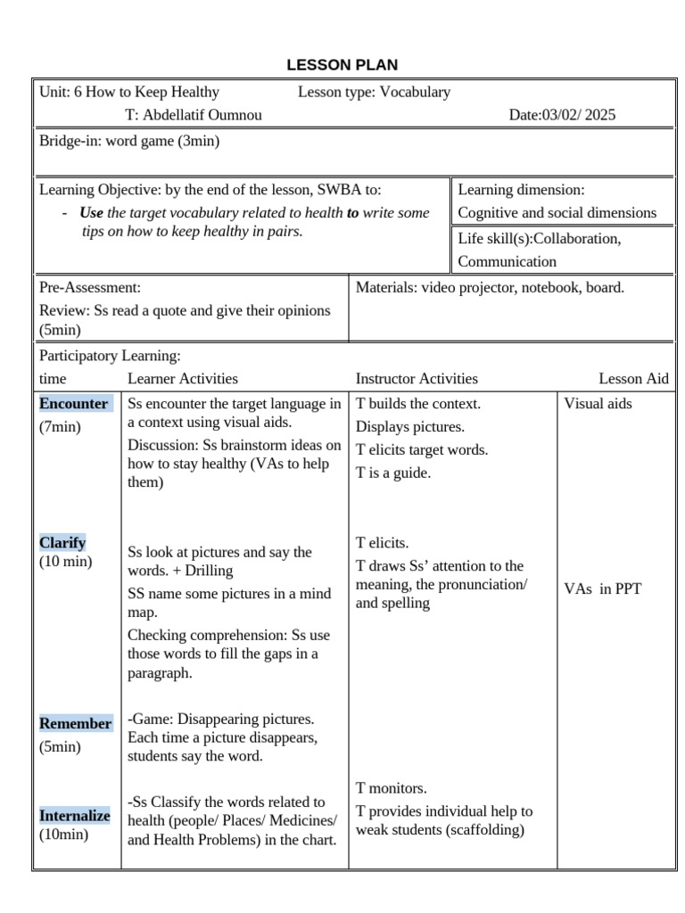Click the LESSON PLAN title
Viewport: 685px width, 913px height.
tap(342, 65)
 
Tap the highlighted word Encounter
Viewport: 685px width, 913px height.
tap(74, 404)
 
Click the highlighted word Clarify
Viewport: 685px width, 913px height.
tap(62, 543)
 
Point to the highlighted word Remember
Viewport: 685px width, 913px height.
tap(76, 724)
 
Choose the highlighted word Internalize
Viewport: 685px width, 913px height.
tap(75, 816)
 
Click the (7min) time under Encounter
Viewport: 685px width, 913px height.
tap(60, 427)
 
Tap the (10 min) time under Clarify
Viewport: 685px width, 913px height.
tap(65, 563)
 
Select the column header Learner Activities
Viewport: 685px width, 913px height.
tap(183, 379)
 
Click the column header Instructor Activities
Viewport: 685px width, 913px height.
tap(417, 379)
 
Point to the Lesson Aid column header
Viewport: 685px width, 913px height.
tap(633, 379)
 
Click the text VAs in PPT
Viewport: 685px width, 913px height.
tap(602, 589)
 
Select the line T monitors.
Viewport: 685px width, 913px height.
tap(392, 788)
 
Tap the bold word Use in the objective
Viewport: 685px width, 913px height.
tap(91, 213)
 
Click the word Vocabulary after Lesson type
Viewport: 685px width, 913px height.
tap(415, 92)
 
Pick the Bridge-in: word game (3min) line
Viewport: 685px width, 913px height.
tap(129, 141)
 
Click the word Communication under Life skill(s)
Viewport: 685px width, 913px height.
tap(507, 262)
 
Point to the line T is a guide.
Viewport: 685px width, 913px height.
tap(393, 473)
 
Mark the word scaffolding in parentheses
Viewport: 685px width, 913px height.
tap(486, 830)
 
